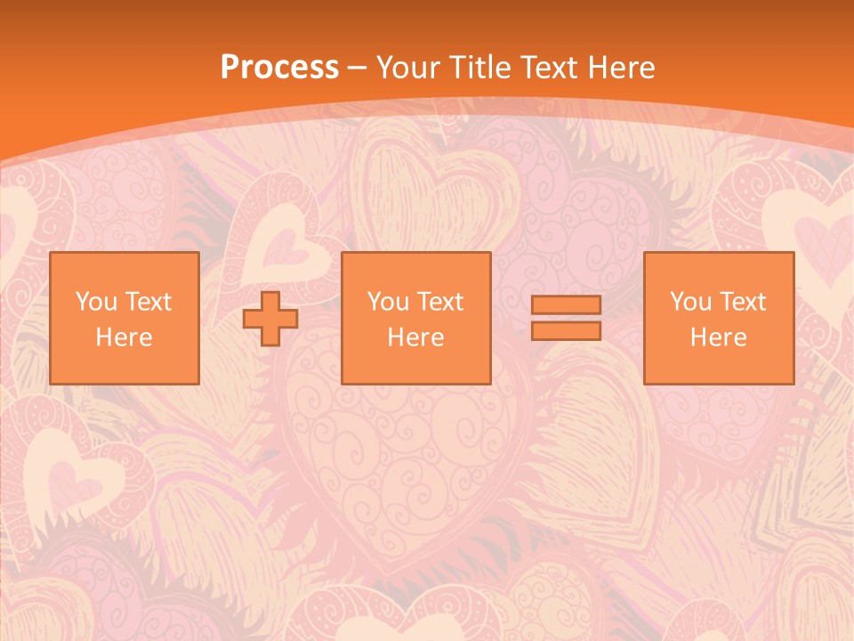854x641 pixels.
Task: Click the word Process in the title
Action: [x=279, y=68]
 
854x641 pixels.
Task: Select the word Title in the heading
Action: [x=479, y=68]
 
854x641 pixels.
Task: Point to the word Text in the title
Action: [x=550, y=68]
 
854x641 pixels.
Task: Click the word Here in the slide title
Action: [x=622, y=68]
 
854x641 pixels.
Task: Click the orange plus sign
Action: [x=270, y=319]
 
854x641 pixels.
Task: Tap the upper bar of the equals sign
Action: [x=566, y=305]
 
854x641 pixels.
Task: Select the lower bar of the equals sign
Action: [x=566, y=330]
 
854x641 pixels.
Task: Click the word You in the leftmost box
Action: [x=95, y=302]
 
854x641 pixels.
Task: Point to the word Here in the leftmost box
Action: [x=125, y=337]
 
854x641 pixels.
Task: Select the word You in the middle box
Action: [x=387, y=302]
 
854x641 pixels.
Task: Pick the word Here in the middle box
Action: [x=416, y=337]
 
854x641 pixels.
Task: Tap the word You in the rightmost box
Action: [x=689, y=302]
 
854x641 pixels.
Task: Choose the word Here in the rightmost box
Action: [x=719, y=337]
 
